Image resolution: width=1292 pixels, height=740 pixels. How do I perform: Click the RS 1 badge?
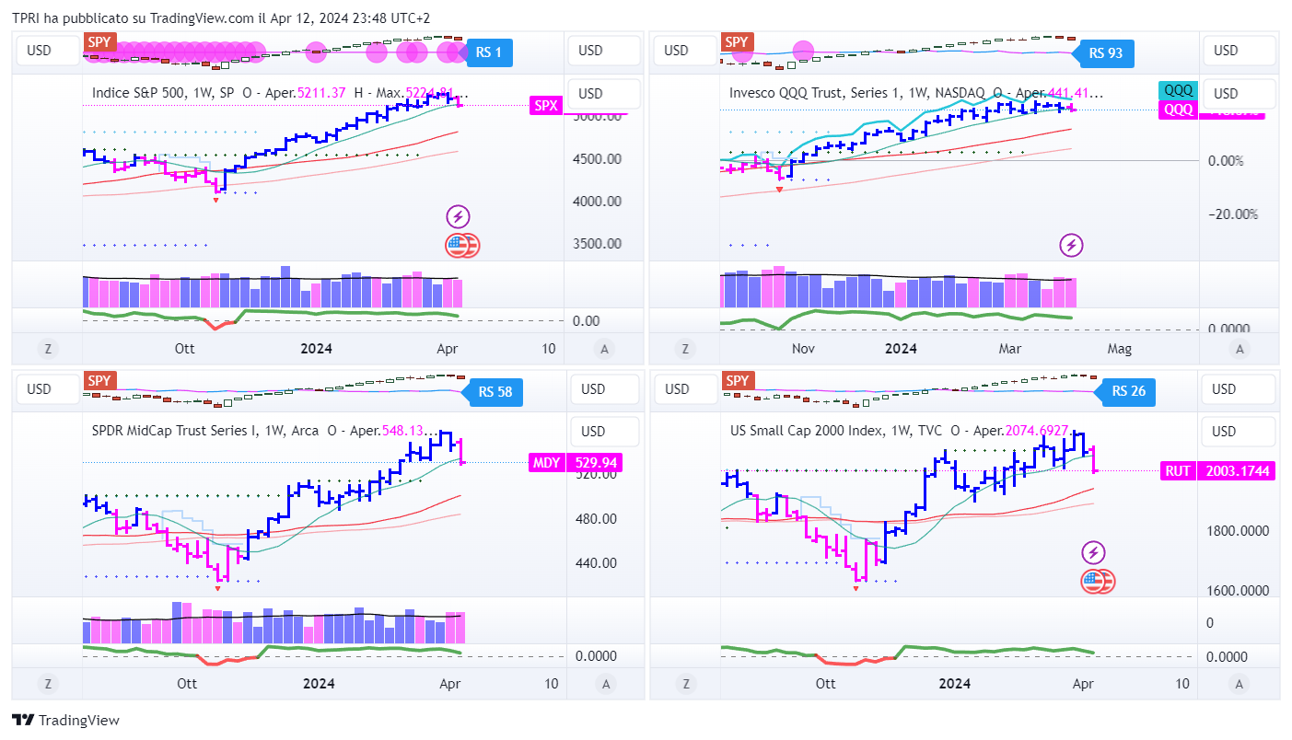tap(489, 52)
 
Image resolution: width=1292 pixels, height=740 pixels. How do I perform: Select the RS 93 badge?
tap(1105, 52)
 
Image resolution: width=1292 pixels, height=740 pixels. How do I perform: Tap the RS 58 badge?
tap(495, 392)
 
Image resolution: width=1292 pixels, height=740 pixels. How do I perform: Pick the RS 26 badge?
tap(1128, 391)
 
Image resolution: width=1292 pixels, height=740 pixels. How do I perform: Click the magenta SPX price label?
tap(546, 106)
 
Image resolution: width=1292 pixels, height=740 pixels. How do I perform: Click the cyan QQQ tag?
tap(1178, 90)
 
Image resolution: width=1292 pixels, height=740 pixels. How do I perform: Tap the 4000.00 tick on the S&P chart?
tap(598, 201)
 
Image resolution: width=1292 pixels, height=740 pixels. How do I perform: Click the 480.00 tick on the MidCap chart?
tap(596, 518)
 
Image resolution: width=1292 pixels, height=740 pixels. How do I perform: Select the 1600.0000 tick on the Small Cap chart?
tap(1237, 590)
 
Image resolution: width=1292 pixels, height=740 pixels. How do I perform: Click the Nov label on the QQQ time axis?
tap(803, 348)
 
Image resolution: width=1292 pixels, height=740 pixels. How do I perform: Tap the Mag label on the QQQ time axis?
tap(1119, 348)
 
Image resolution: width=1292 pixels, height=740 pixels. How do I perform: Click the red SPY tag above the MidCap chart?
tap(99, 380)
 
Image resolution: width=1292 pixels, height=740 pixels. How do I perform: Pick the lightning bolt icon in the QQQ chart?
tap(1071, 245)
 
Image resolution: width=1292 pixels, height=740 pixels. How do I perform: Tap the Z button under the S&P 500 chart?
tap(47, 348)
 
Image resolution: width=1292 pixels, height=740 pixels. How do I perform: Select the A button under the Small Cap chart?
tap(1239, 683)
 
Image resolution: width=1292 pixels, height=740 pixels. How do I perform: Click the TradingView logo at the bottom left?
tap(65, 721)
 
